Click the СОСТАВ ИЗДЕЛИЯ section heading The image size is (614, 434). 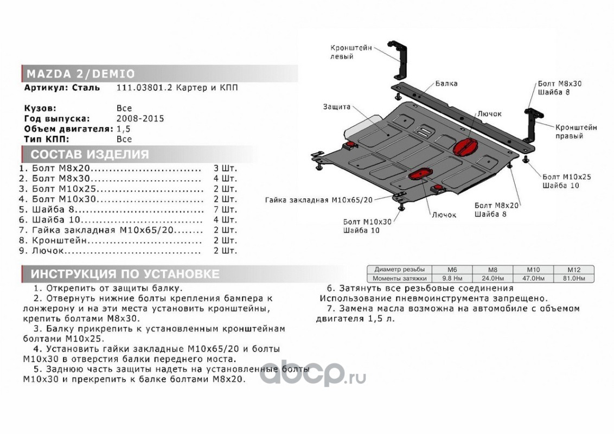89,155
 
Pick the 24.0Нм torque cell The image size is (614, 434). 492,278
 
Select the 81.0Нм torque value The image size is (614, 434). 574,278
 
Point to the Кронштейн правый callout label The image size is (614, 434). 575,131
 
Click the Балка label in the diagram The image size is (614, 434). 446,84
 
